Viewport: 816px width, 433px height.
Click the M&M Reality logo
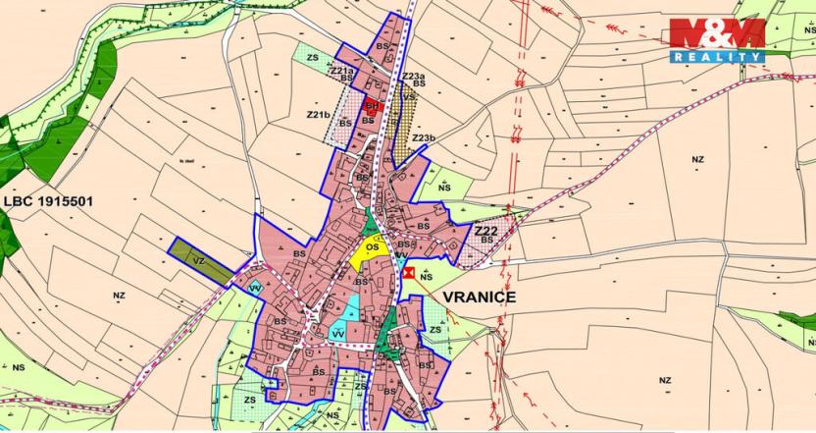(x=716, y=40)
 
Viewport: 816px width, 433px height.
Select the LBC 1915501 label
(x=48, y=201)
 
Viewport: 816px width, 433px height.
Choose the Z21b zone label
(x=318, y=115)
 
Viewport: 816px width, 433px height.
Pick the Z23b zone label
(x=424, y=137)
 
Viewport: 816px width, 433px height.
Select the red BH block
(x=372, y=104)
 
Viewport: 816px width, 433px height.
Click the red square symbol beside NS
(x=410, y=274)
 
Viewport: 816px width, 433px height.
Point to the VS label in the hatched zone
(x=407, y=97)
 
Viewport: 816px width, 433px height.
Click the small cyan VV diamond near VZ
(x=254, y=289)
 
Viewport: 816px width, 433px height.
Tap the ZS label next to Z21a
(x=313, y=58)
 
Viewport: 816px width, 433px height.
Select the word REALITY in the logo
(x=718, y=58)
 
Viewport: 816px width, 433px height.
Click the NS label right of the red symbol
(x=426, y=278)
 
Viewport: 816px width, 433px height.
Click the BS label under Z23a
(x=419, y=84)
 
